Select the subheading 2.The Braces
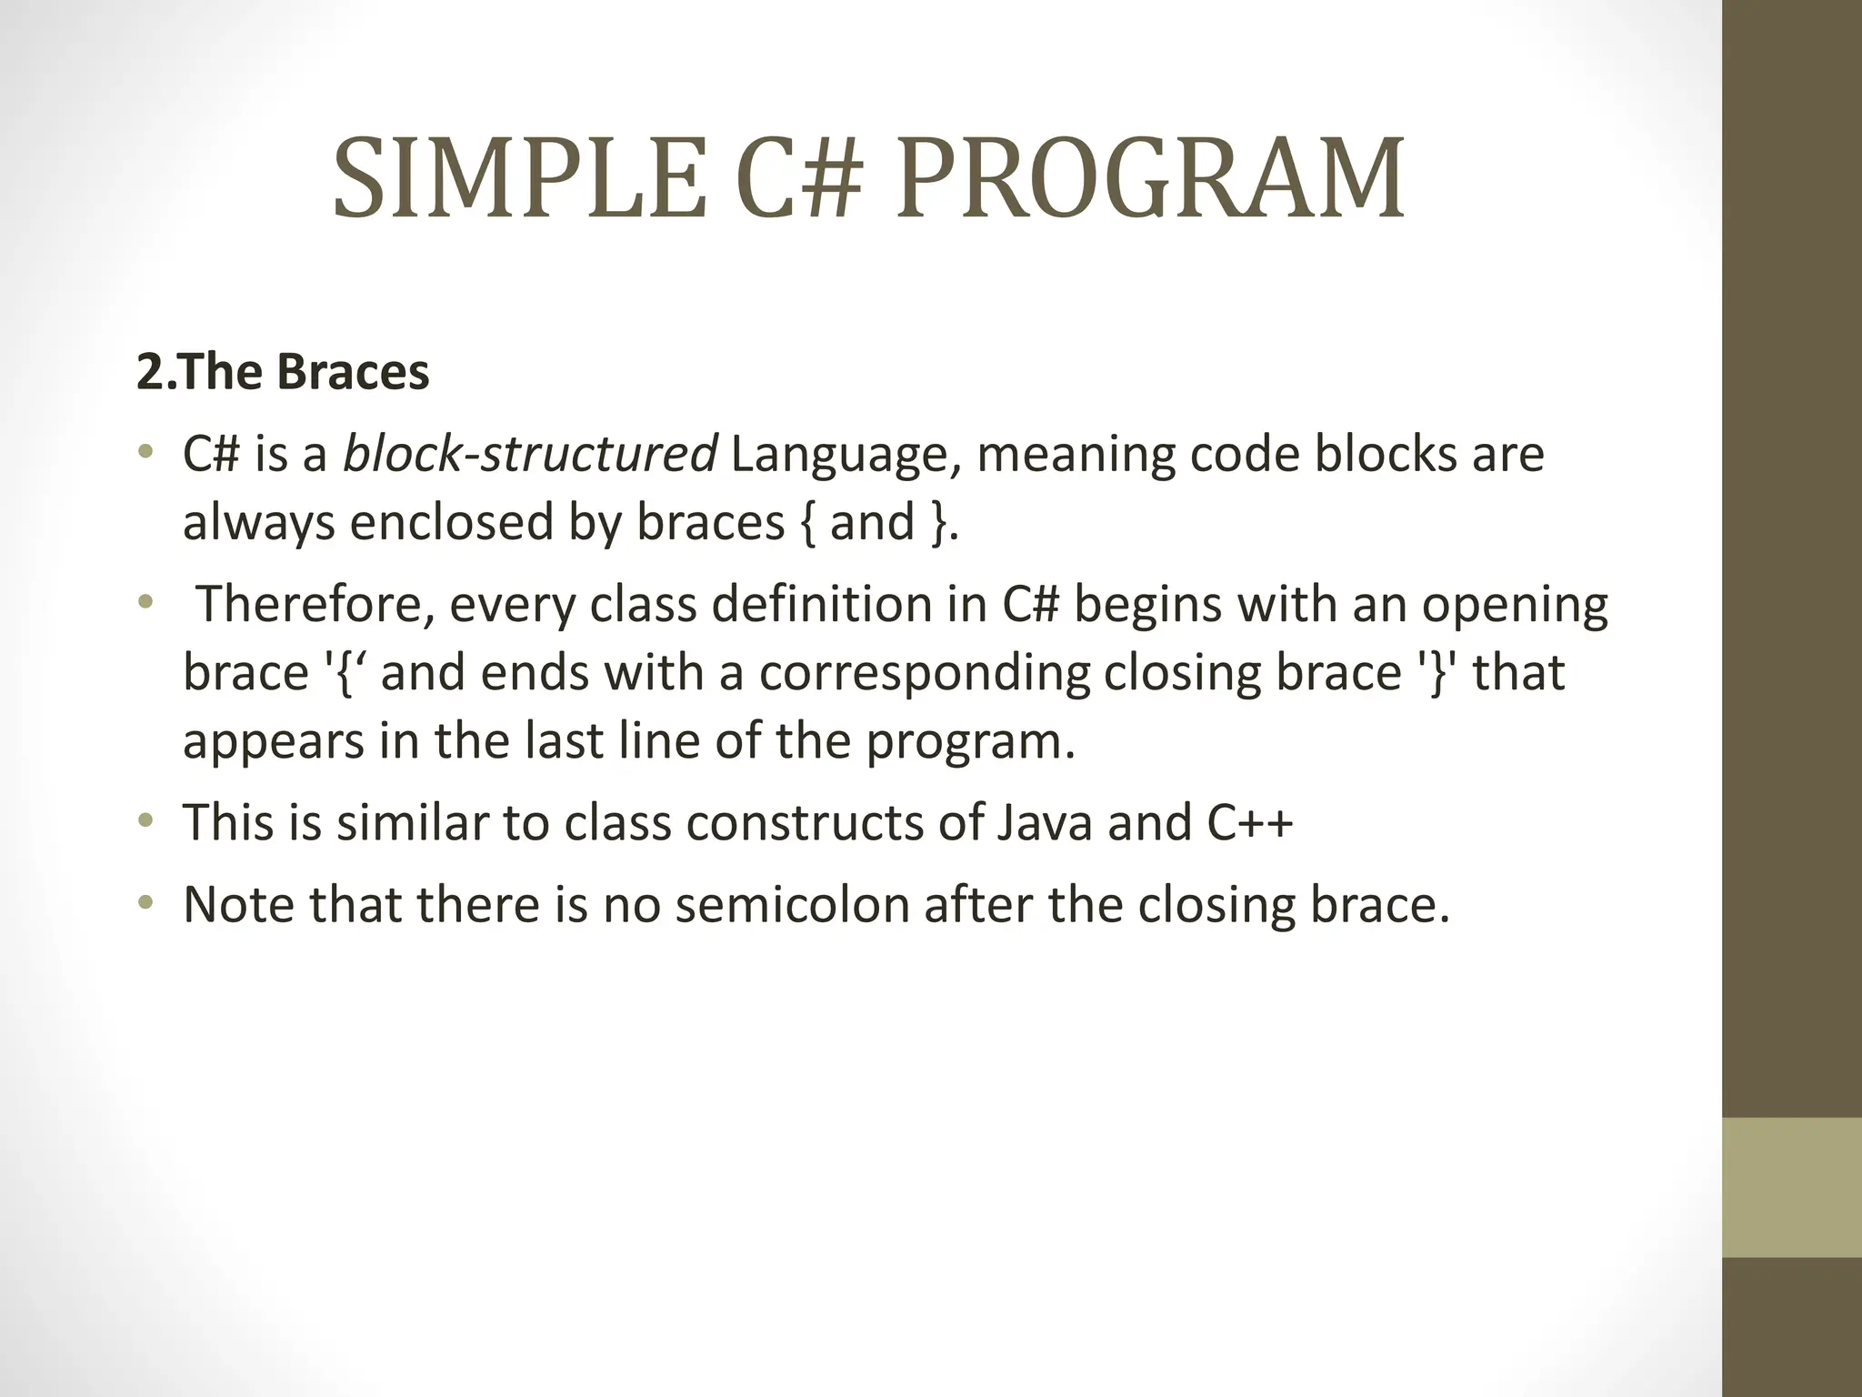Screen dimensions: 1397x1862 [283, 372]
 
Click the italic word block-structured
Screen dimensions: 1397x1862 [529, 454]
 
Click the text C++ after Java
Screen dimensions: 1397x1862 [1250, 822]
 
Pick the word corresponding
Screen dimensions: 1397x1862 [925, 674]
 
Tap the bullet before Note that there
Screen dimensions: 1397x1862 [145, 904]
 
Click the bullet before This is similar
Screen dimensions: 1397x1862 [145, 822]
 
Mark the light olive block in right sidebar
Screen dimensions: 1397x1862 [1791, 1186]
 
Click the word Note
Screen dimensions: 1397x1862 [238, 905]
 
